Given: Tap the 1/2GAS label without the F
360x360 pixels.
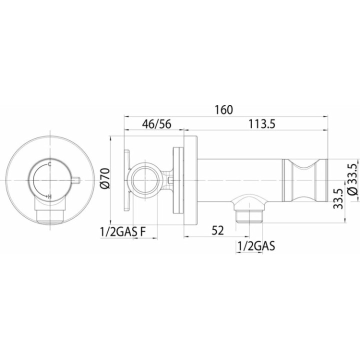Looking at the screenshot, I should (x=256, y=246).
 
